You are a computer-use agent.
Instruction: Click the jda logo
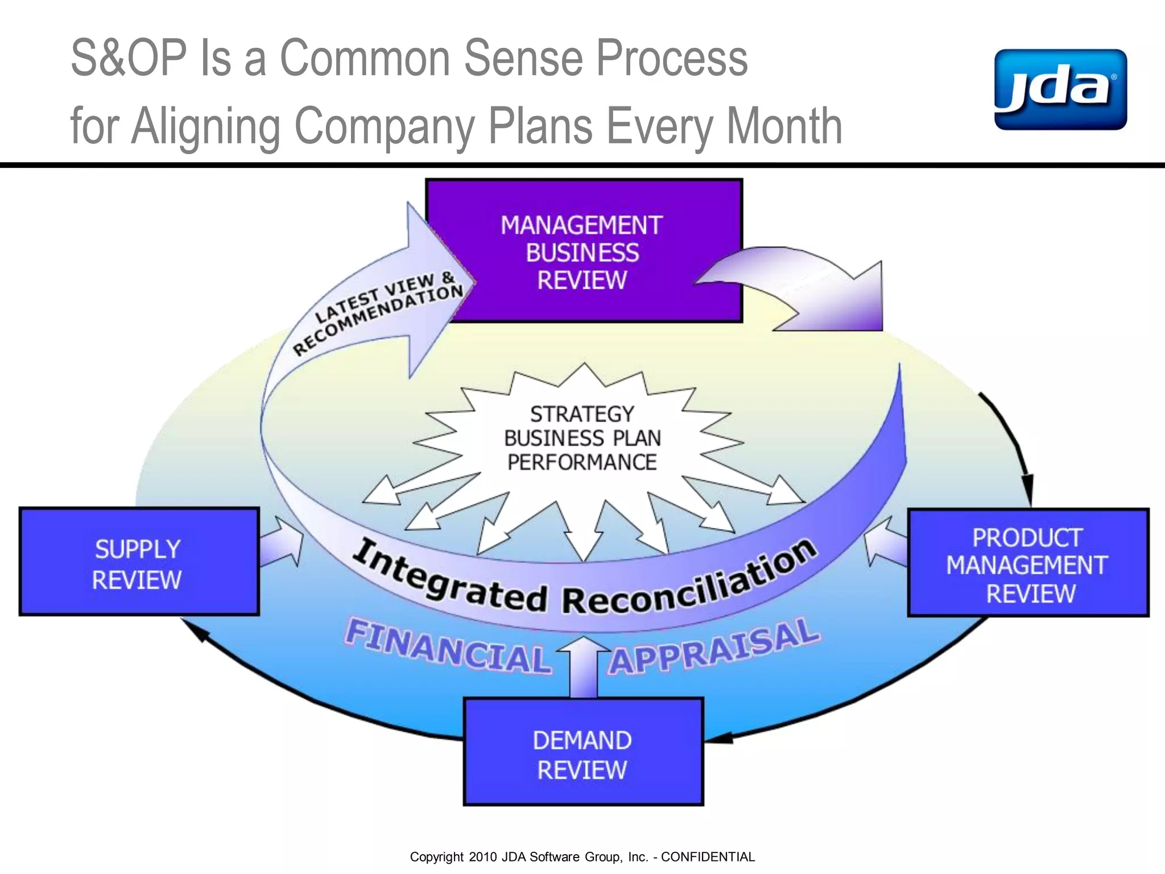(1060, 90)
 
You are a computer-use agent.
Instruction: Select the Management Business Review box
(584, 252)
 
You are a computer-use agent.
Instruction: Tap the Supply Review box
(139, 562)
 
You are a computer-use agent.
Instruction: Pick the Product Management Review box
(1028, 563)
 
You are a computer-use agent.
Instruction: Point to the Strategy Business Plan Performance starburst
(582, 438)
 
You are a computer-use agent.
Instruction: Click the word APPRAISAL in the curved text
(714, 648)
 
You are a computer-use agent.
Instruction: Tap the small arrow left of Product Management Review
(885, 542)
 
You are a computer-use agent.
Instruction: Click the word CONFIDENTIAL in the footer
(708, 857)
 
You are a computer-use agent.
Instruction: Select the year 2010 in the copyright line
(483, 857)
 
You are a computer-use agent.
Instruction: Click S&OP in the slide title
(129, 58)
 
